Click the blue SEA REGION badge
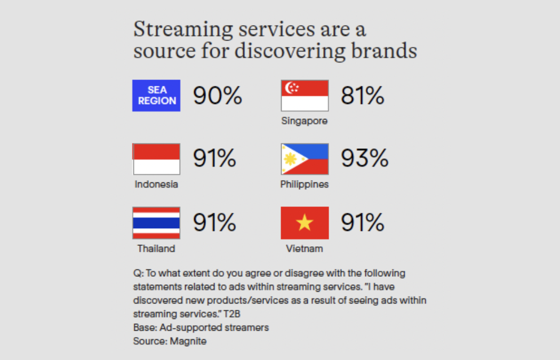[156, 95]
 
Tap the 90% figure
[217, 95]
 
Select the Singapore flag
[305, 95]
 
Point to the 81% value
[363, 95]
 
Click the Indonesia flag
[156, 159]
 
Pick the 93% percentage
[365, 158]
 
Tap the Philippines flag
[305, 159]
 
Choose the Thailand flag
[156, 223]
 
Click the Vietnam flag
[305, 223]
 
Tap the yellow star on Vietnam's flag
[305, 223]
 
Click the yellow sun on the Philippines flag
[291, 159]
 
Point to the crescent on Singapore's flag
[291, 87]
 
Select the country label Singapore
[305, 121]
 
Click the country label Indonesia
[156, 185]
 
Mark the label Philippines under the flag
[305, 185]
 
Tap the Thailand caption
[156, 249]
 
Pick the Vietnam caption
[305, 249]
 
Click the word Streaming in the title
[183, 30]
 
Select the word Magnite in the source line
[188, 341]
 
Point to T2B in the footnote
[232, 314]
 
